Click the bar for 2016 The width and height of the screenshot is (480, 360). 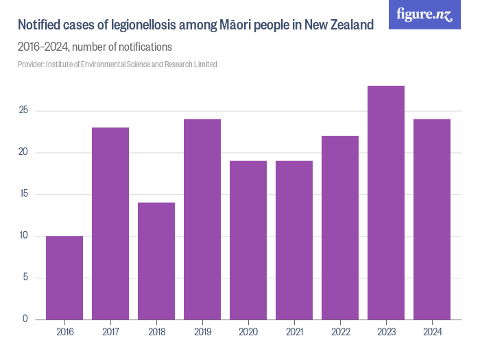pyautogui.click(x=64, y=278)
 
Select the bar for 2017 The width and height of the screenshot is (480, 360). pyautogui.click(x=110, y=224)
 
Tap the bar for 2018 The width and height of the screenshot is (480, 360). pyautogui.click(x=156, y=261)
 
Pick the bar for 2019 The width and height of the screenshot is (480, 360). pyautogui.click(x=202, y=219)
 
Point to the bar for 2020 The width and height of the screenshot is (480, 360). pyautogui.click(x=248, y=240)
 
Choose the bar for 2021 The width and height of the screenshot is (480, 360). pyautogui.click(x=294, y=240)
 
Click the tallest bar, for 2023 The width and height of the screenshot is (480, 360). pyautogui.click(x=386, y=202)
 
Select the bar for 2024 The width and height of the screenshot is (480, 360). pyautogui.click(x=432, y=219)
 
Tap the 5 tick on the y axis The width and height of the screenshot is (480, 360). pyautogui.click(x=25, y=278)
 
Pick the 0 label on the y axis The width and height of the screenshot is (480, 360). pyautogui.click(x=25, y=320)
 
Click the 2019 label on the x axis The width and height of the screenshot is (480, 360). pyautogui.click(x=202, y=332)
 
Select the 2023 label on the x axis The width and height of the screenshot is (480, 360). pyautogui.click(x=386, y=332)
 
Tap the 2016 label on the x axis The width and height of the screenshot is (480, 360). pyautogui.click(x=64, y=332)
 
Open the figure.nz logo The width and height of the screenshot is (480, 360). pyautogui.click(x=424, y=14)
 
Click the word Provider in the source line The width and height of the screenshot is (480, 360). pyautogui.click(x=30, y=64)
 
